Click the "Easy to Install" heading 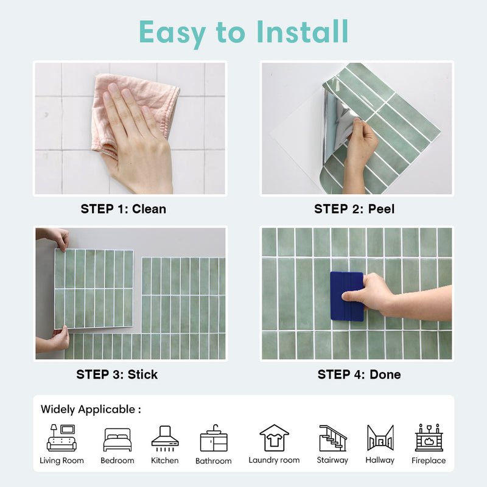[243, 32]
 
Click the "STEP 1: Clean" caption [123, 209]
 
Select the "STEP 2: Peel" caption [354, 209]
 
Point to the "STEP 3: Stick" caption [117, 374]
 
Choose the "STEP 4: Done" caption [359, 374]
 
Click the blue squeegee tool [346, 296]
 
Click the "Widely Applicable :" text [91, 410]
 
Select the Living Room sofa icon [61, 438]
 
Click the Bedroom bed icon [117, 439]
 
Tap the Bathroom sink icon [213, 439]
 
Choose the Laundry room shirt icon [274, 438]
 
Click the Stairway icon [332, 438]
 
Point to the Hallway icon [380, 438]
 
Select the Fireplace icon [429, 438]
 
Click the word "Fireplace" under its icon [429, 461]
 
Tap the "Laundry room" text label [274, 460]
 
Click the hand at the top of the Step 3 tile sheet [57, 237]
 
